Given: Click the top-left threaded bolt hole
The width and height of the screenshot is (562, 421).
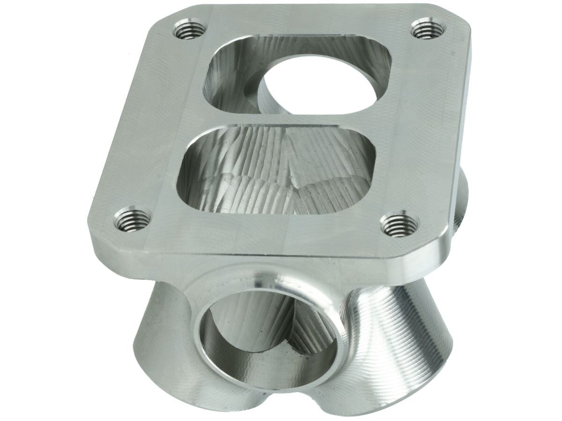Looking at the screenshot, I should [x=190, y=30].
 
